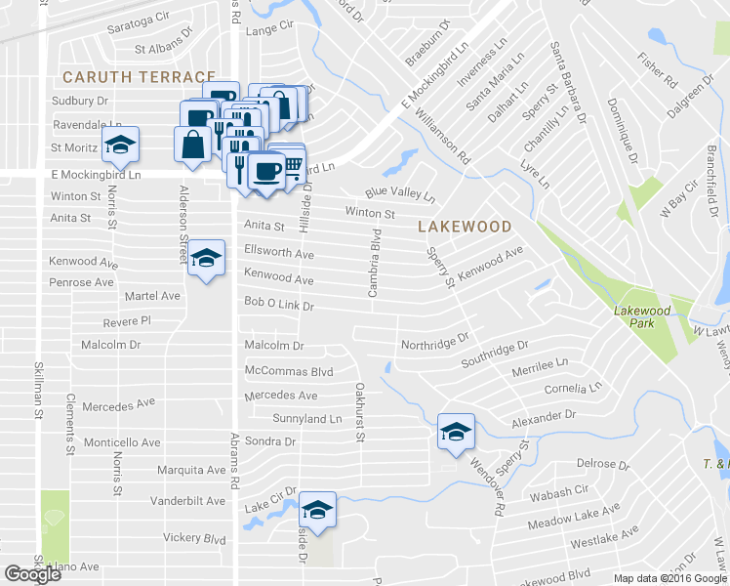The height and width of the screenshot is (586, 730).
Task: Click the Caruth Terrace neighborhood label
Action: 138,76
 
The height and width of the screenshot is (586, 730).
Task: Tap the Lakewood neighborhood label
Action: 465,227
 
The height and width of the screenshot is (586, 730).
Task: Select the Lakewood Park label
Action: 642,316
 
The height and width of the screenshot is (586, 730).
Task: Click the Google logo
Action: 32,574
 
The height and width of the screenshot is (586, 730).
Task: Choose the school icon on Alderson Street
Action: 205,259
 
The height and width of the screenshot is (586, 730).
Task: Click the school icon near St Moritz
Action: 120,145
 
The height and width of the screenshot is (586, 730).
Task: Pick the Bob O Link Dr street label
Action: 278,305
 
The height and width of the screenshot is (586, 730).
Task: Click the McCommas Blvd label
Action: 289,372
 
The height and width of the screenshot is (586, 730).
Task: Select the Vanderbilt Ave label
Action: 188,501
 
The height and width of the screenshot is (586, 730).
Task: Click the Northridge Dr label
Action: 435,345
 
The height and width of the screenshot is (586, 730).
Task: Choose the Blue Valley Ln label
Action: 400,194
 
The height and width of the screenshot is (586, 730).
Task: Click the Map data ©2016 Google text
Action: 669,578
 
